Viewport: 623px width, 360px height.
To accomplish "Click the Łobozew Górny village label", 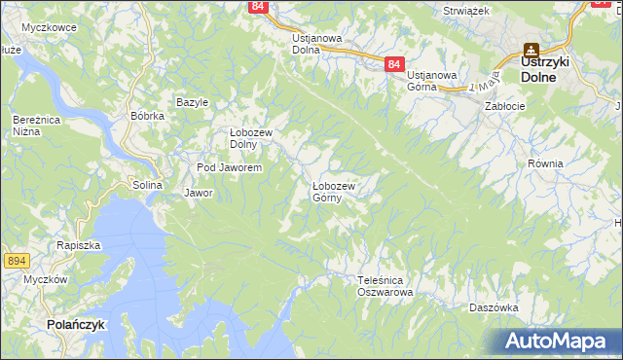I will click(x=333, y=192).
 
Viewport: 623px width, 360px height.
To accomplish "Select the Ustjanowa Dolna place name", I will click(x=316, y=44).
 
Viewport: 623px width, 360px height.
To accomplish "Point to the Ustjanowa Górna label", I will click(x=432, y=81).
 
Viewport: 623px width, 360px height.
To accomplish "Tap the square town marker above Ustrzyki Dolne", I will click(x=531, y=49).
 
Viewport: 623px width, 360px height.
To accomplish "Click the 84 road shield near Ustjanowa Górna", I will click(x=392, y=64).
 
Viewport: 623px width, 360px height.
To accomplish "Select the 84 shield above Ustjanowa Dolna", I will click(x=257, y=6).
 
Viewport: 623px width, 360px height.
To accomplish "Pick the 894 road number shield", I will click(x=15, y=260).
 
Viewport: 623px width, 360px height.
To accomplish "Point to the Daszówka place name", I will click(x=493, y=306).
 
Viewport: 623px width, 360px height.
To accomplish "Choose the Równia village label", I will click(x=545, y=163).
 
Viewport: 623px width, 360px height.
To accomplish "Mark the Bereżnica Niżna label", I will click(x=31, y=126).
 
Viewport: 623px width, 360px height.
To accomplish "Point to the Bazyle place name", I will click(x=193, y=101).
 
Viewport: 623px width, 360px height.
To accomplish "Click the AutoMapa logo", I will click(x=555, y=342).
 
